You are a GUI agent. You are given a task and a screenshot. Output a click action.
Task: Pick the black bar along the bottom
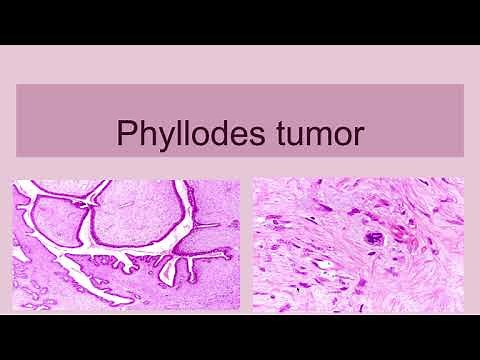[x=240, y=337]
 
